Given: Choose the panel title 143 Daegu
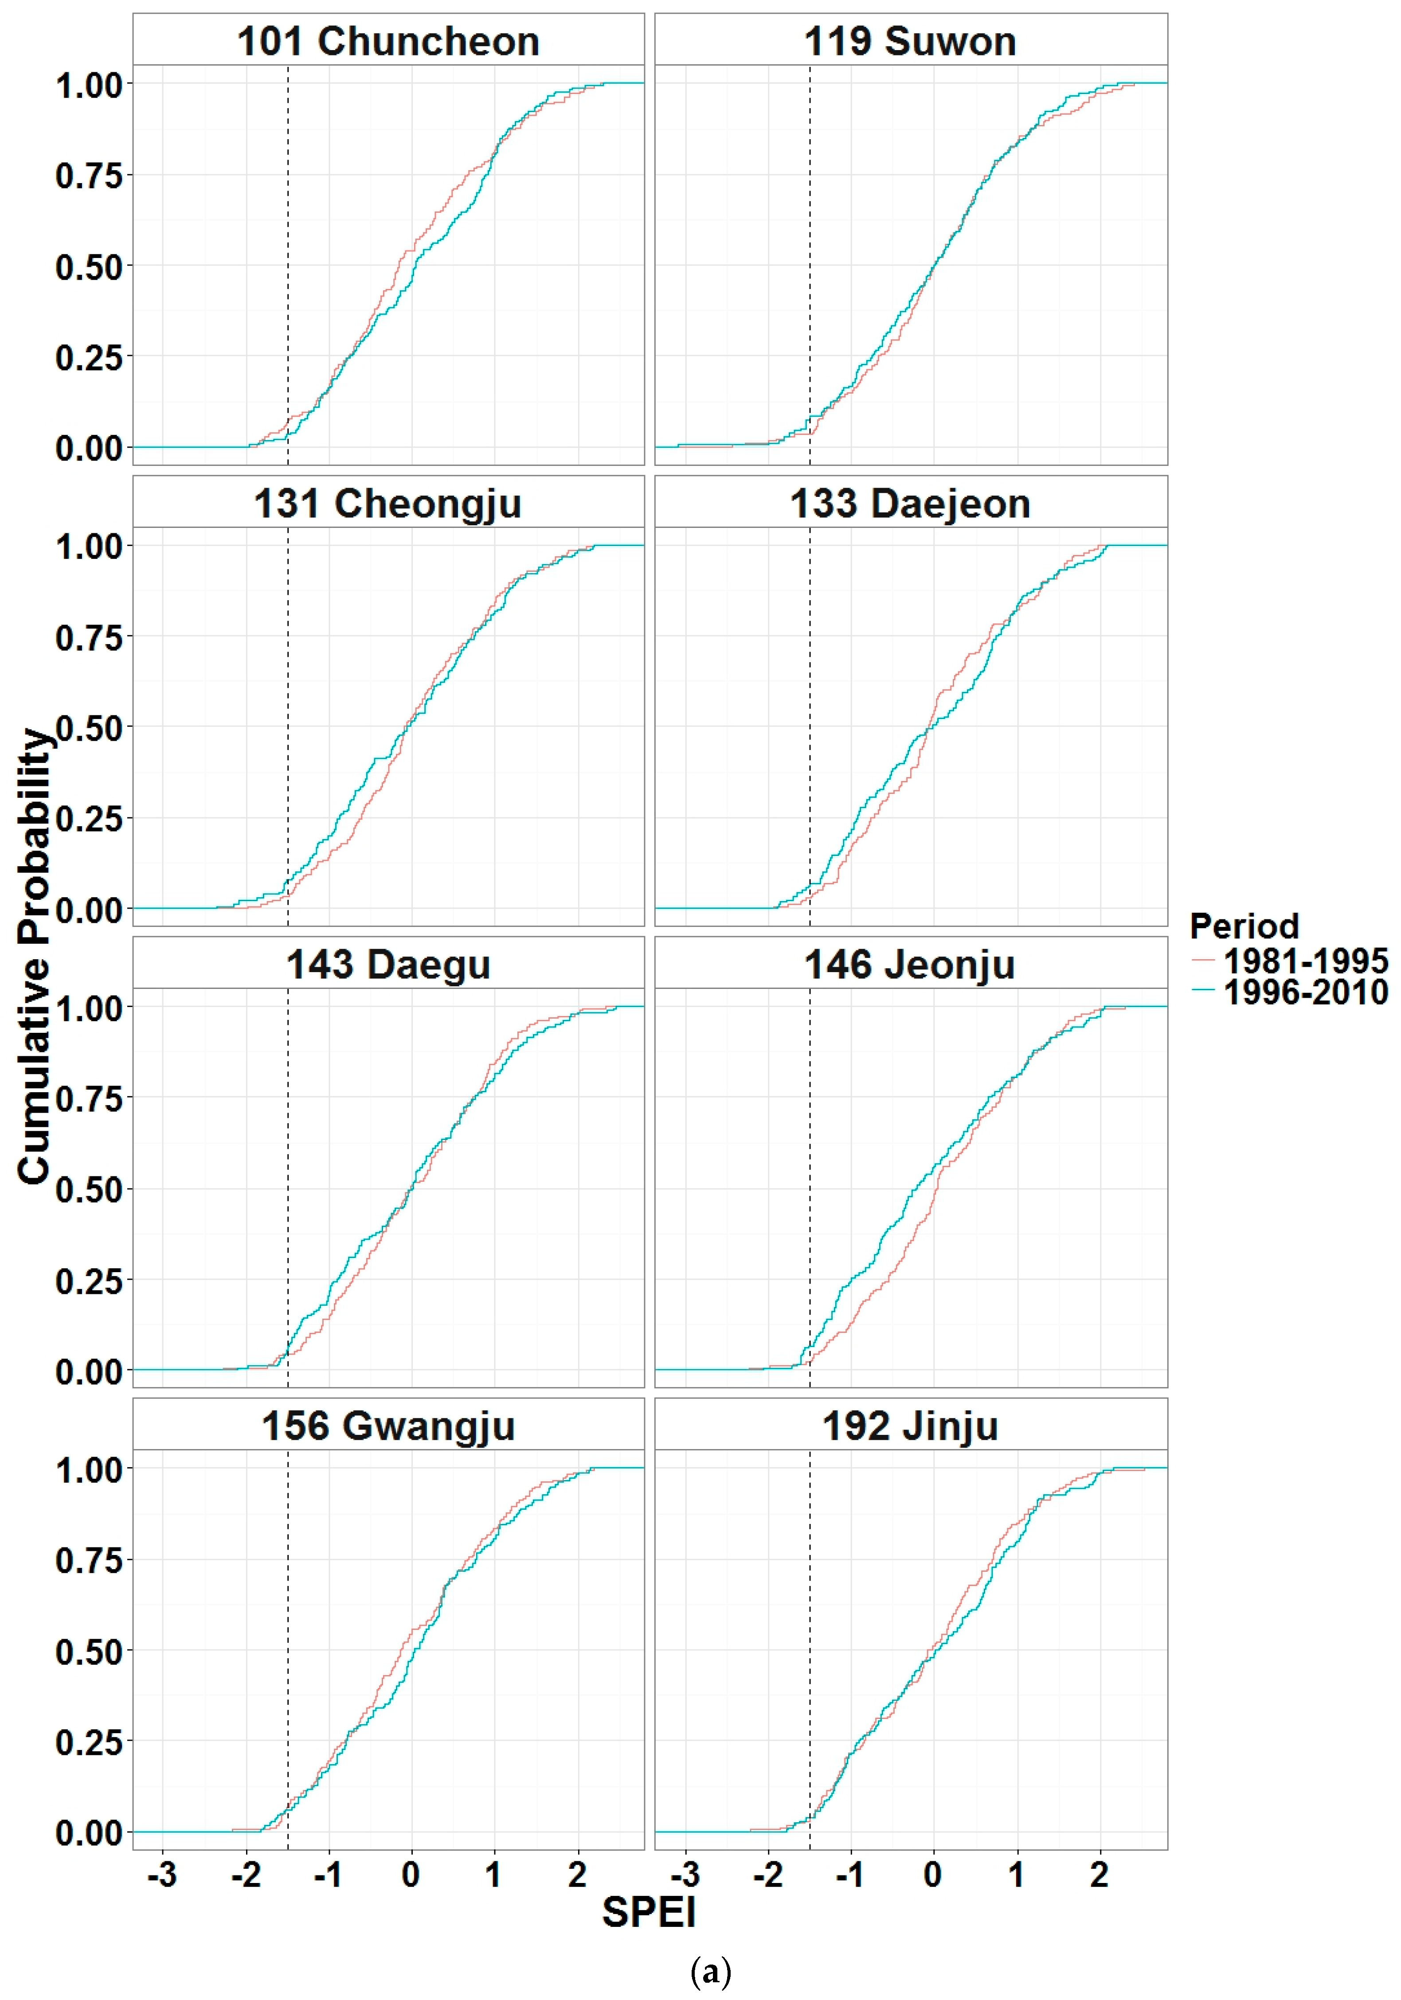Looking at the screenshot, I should pyautogui.click(x=388, y=965).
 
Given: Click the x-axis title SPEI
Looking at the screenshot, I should pyautogui.click(x=649, y=1912).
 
